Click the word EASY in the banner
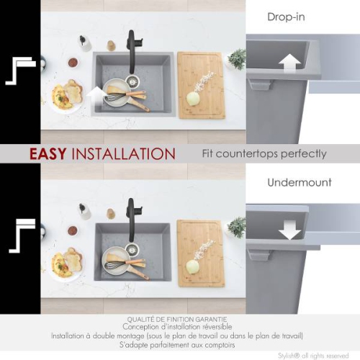click(50, 154)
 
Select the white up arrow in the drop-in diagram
click(289, 62)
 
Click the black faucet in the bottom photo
click(131, 217)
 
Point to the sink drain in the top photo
click(132, 81)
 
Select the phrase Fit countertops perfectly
click(264, 154)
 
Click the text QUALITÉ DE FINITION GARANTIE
click(177, 319)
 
